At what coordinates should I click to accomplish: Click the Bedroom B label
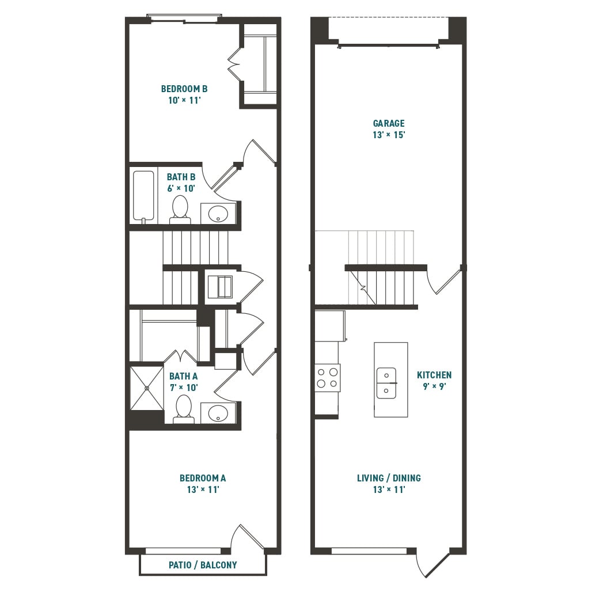point(184,89)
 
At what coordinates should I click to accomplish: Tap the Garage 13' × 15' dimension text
point(389,135)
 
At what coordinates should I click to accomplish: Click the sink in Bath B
point(218,214)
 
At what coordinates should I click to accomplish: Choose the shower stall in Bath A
point(146,388)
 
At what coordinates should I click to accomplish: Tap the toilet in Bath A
point(184,409)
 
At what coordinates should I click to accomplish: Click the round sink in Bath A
point(218,413)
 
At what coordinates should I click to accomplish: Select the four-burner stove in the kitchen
point(328,378)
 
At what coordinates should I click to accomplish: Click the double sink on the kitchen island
point(386,383)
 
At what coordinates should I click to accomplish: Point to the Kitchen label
point(434,375)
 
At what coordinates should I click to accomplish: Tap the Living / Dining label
point(389,478)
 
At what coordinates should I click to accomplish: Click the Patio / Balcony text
point(203,565)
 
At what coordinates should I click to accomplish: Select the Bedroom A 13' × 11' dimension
point(203,489)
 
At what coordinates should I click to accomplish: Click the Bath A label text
point(184,376)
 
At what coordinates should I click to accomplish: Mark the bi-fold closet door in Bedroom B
point(234,64)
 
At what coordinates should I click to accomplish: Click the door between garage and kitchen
point(443,281)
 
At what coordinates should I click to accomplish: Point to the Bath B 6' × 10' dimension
point(181,188)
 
